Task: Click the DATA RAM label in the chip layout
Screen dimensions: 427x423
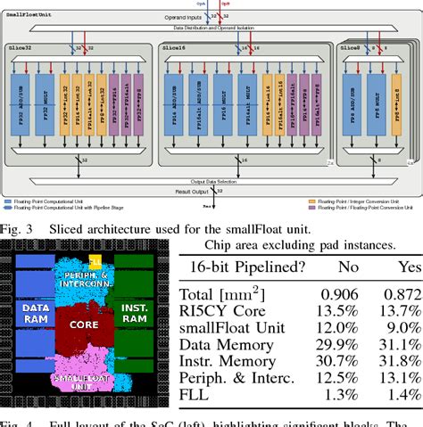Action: coord(33,310)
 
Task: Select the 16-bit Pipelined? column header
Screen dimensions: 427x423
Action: coord(244,267)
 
